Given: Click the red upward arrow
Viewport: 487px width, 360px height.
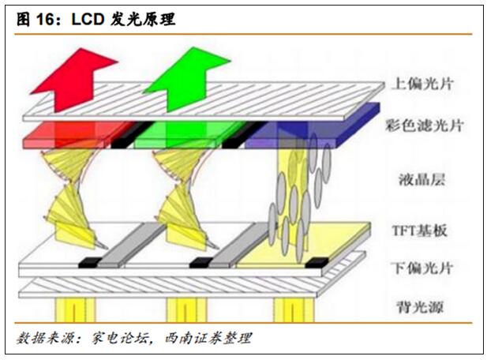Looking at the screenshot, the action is [74, 80].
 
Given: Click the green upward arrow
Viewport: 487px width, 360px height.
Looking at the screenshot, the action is [186, 79].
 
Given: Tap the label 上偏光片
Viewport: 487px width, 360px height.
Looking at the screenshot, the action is [422, 84].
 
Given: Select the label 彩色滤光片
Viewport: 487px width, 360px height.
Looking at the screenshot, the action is [425, 126].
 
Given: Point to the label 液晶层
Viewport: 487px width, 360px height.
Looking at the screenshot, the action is [421, 179].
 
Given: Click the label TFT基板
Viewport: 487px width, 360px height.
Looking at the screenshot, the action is [419, 231].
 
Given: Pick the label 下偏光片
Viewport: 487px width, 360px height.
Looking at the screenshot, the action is [422, 268].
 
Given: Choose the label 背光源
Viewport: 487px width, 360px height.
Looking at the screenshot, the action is [420, 307].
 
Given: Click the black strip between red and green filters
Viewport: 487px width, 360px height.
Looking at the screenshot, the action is [130, 135].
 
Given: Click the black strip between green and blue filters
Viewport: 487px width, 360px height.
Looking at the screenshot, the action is [243, 135].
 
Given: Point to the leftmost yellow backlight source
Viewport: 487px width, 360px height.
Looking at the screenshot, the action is [75, 309].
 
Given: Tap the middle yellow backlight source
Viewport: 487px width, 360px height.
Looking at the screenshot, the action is [185, 309].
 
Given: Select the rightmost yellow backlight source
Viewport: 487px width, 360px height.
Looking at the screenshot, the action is [294, 309].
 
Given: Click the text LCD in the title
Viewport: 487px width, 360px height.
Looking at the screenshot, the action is [88, 20].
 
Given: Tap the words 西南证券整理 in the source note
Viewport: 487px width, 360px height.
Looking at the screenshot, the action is [208, 338].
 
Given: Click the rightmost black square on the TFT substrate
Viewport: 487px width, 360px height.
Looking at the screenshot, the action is [317, 262].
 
